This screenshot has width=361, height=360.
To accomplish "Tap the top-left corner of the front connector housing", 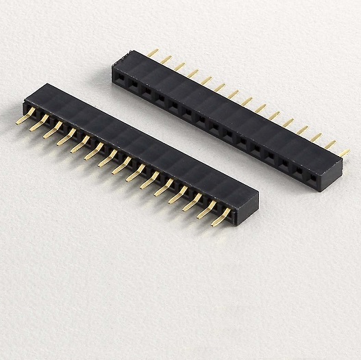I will (x=47, y=84).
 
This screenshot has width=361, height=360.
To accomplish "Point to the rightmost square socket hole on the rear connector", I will (x=314, y=177).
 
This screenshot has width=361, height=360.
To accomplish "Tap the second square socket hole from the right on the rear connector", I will (x=300, y=170).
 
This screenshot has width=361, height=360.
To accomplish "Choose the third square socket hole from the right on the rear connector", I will (x=286, y=162).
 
